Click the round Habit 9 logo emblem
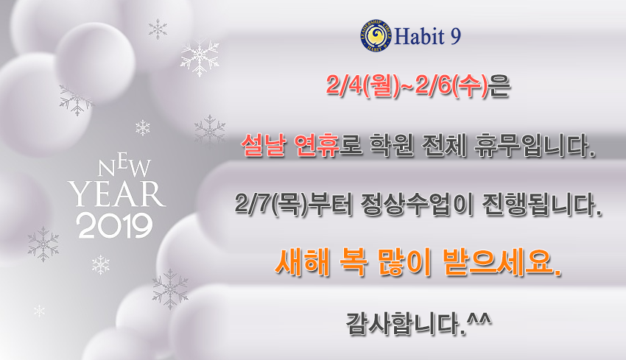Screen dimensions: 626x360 376,36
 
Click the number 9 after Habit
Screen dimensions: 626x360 455,36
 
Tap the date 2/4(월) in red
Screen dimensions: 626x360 362,86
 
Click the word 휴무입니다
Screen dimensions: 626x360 534,145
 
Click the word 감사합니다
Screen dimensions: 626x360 406,323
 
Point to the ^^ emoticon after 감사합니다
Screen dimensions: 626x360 479,319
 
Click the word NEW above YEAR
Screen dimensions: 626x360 124,167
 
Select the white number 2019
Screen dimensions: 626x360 116,226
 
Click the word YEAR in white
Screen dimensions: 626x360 116,194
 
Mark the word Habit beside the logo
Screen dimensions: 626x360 420,36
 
